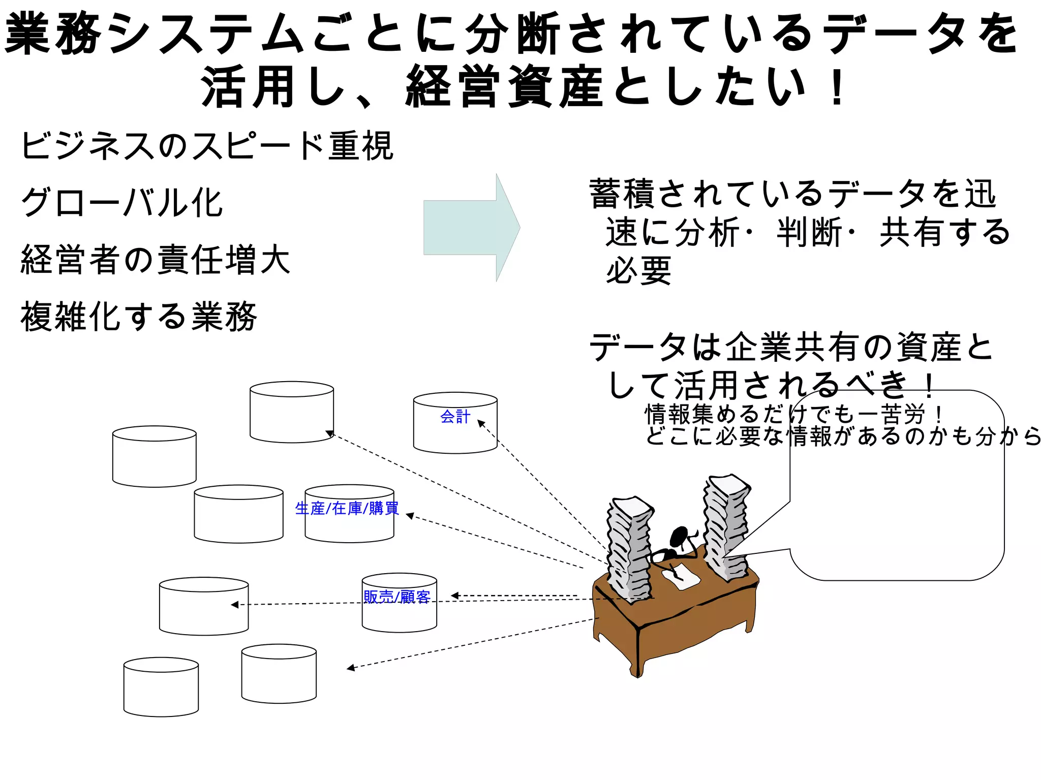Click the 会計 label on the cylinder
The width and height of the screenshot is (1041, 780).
pyautogui.click(x=455, y=417)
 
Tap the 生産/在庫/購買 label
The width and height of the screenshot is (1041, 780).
pyautogui.click(x=347, y=508)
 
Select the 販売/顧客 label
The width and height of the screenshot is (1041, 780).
pyautogui.click(x=397, y=597)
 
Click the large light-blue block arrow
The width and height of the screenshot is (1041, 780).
pyautogui.click(x=470, y=228)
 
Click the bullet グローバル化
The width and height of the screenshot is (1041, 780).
pyautogui.click(x=122, y=202)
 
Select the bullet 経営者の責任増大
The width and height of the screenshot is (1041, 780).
pyautogui.click(x=155, y=260)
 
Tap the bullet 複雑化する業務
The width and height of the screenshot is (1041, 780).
pyautogui.click(x=139, y=316)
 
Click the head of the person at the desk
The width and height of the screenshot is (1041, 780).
pyautogui.click(x=679, y=537)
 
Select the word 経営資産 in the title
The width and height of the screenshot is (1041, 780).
pyautogui.click(x=506, y=87)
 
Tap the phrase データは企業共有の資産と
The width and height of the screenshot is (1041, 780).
pyautogui.click(x=790, y=348)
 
